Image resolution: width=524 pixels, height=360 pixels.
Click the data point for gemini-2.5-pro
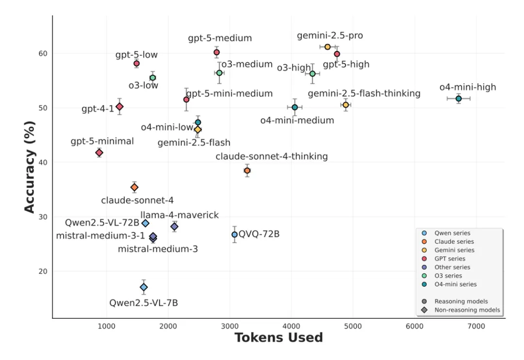pyautogui.click(x=327, y=47)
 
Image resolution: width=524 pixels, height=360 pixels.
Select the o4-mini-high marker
pyautogui.click(x=458, y=98)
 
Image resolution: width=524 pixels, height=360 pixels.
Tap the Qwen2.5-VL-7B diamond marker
pyautogui.click(x=144, y=287)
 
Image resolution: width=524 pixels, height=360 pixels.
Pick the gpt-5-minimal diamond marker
pyautogui.click(x=99, y=153)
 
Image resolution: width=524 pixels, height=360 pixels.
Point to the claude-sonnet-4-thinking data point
pyautogui.click(x=247, y=170)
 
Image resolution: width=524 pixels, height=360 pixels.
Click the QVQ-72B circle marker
pyautogui.click(x=235, y=235)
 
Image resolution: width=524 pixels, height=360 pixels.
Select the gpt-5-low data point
pyautogui.click(x=136, y=64)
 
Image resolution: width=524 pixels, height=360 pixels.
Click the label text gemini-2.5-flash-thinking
pyautogui.click(x=364, y=93)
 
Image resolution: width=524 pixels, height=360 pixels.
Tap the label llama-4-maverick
pyautogui.click(x=180, y=215)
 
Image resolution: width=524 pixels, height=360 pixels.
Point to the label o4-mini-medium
pyautogui.click(x=297, y=120)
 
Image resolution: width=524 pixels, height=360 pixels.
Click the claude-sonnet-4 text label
pyautogui.click(x=138, y=200)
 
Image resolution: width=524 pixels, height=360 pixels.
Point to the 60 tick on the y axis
pyautogui.click(x=43, y=53)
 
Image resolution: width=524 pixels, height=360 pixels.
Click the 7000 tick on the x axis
pyautogui.click(x=475, y=326)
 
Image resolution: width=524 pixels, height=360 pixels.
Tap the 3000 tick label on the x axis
pyautogui.click(x=229, y=326)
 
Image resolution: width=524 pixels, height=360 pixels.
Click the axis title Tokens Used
pyautogui.click(x=278, y=338)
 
